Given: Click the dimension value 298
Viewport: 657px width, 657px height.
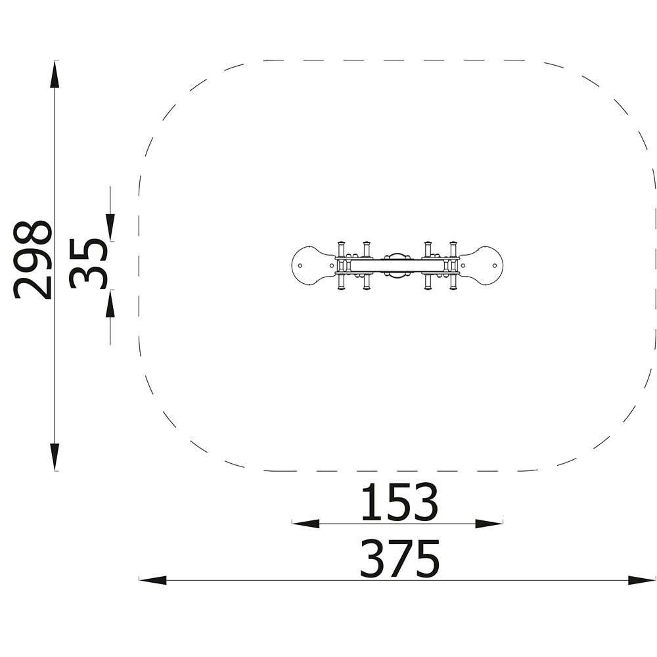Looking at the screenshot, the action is [x=32, y=260].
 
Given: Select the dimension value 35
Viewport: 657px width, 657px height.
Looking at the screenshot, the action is [x=88, y=264].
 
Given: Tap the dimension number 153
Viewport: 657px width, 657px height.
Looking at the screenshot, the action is [x=399, y=502].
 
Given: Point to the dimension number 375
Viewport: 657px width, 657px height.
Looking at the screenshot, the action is [x=399, y=558].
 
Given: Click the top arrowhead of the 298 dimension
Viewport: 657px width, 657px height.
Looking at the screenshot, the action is [x=55, y=74].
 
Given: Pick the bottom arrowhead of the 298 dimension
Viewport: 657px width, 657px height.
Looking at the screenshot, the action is [x=55, y=457].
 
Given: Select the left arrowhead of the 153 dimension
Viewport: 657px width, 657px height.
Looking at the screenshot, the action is [x=306, y=524].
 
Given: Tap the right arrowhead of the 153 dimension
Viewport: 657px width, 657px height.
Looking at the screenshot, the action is [x=489, y=524].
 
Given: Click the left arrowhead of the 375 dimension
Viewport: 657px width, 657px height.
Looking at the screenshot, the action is [x=152, y=580].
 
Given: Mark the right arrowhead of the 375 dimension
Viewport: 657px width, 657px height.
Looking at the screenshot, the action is [x=642, y=580].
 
